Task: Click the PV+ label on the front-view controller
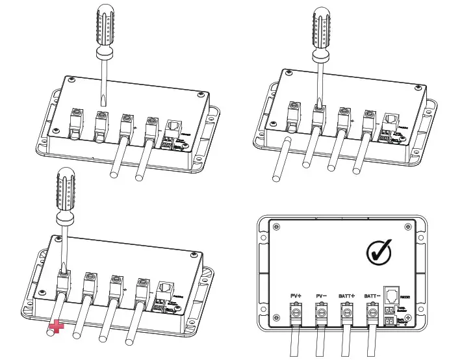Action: click(295, 296)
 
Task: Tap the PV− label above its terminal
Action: click(320, 296)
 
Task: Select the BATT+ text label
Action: click(346, 296)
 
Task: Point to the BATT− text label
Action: click(372, 296)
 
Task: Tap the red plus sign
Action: click(58, 327)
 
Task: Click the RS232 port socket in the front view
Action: click(392, 294)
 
